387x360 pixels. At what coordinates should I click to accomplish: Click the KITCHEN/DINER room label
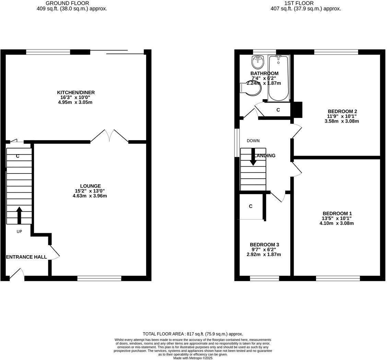click(x=75, y=92)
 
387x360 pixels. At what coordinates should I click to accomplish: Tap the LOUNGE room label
click(x=90, y=186)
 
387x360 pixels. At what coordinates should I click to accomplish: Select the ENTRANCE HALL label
click(x=26, y=257)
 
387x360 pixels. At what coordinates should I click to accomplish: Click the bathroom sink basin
click(x=257, y=62)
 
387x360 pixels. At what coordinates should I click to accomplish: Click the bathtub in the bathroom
click(x=278, y=78)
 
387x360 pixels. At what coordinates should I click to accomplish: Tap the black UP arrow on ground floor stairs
click(x=19, y=215)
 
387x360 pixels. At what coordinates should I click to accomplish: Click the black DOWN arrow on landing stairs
click(x=253, y=157)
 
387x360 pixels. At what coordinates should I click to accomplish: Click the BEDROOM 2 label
click(x=342, y=111)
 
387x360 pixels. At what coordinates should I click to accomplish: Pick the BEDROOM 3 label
click(x=264, y=245)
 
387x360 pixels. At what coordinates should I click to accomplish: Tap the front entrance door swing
click(x=17, y=274)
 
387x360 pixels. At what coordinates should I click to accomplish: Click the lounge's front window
click(x=99, y=278)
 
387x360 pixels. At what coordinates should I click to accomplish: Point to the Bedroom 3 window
click(x=264, y=278)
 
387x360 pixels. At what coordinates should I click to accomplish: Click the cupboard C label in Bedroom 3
click(x=250, y=206)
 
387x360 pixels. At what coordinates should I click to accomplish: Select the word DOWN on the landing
click(x=253, y=140)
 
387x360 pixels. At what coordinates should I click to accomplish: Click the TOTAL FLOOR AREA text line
click(x=193, y=334)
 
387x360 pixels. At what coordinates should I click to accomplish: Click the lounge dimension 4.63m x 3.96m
click(x=90, y=196)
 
